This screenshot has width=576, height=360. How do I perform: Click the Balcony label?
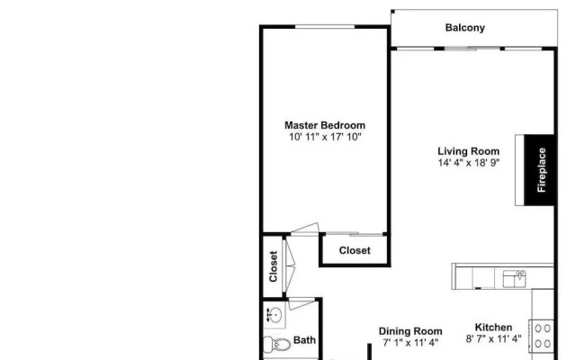(x=465, y=28)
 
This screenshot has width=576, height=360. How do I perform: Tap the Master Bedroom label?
(x=325, y=125)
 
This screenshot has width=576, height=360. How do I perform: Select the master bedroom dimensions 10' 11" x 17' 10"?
(x=325, y=137)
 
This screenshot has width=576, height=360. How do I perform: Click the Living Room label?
(x=468, y=151)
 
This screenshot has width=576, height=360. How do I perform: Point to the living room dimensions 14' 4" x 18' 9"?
(x=468, y=163)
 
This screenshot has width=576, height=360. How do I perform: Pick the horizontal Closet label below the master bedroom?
(x=355, y=251)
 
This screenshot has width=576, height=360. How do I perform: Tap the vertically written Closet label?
(x=274, y=265)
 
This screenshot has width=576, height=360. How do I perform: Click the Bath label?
(x=305, y=340)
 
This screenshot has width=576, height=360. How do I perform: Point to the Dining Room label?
(x=410, y=331)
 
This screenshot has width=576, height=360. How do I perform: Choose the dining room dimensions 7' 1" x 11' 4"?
(x=410, y=343)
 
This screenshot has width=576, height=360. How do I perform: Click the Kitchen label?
(x=494, y=328)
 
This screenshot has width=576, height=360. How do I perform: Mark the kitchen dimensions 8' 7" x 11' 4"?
(x=494, y=339)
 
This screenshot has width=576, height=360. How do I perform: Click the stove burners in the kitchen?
(x=543, y=336)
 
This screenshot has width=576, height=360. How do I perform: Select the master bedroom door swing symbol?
(x=306, y=229)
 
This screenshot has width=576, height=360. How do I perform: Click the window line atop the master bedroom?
(x=324, y=26)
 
